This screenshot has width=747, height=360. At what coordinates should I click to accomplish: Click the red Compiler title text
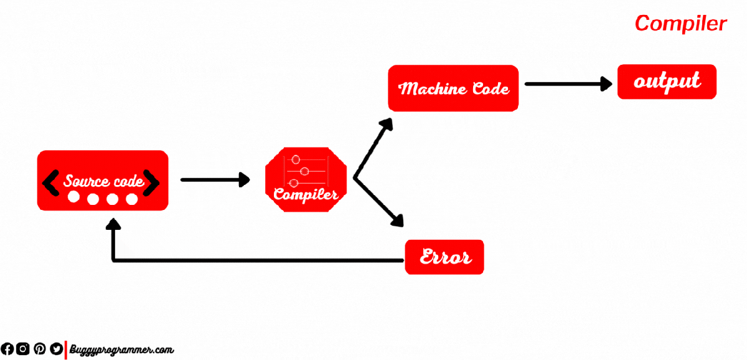(x=680, y=24)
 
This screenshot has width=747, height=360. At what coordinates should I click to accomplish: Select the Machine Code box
(x=453, y=88)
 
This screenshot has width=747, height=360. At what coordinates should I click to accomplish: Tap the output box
(x=667, y=82)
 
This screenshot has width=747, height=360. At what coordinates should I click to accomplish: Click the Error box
(x=444, y=257)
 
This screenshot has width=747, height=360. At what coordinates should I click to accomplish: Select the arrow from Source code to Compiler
(x=215, y=180)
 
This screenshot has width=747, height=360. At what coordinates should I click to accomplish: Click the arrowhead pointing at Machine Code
(x=387, y=123)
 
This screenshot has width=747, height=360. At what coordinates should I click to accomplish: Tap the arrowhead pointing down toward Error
(x=397, y=220)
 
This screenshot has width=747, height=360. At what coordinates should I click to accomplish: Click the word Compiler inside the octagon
(x=306, y=194)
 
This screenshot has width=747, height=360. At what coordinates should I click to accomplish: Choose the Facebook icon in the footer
(x=7, y=349)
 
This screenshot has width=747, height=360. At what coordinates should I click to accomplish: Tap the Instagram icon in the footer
(x=23, y=349)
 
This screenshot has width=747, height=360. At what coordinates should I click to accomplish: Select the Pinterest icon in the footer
(x=39, y=349)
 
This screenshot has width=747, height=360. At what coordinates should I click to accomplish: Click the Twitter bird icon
(x=55, y=349)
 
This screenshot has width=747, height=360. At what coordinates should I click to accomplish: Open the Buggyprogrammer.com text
(x=121, y=350)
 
